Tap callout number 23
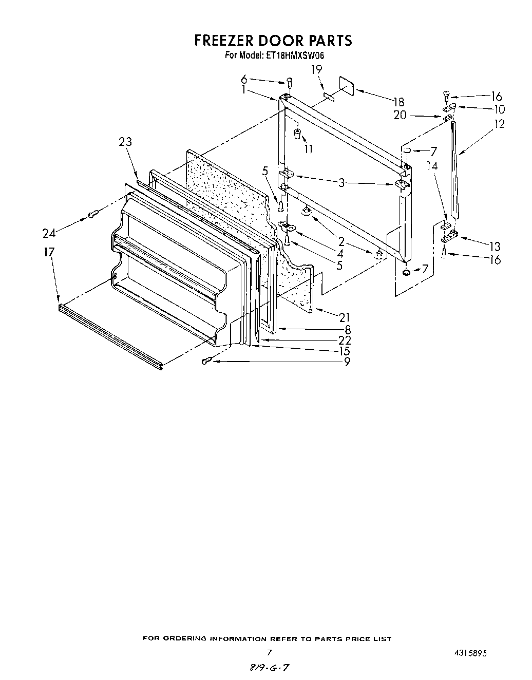125,142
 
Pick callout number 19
316,69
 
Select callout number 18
398,102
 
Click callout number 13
495,247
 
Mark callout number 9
347,362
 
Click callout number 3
341,182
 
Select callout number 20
401,115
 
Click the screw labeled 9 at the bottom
206,362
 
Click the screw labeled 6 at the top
289,82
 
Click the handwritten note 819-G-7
266,668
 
